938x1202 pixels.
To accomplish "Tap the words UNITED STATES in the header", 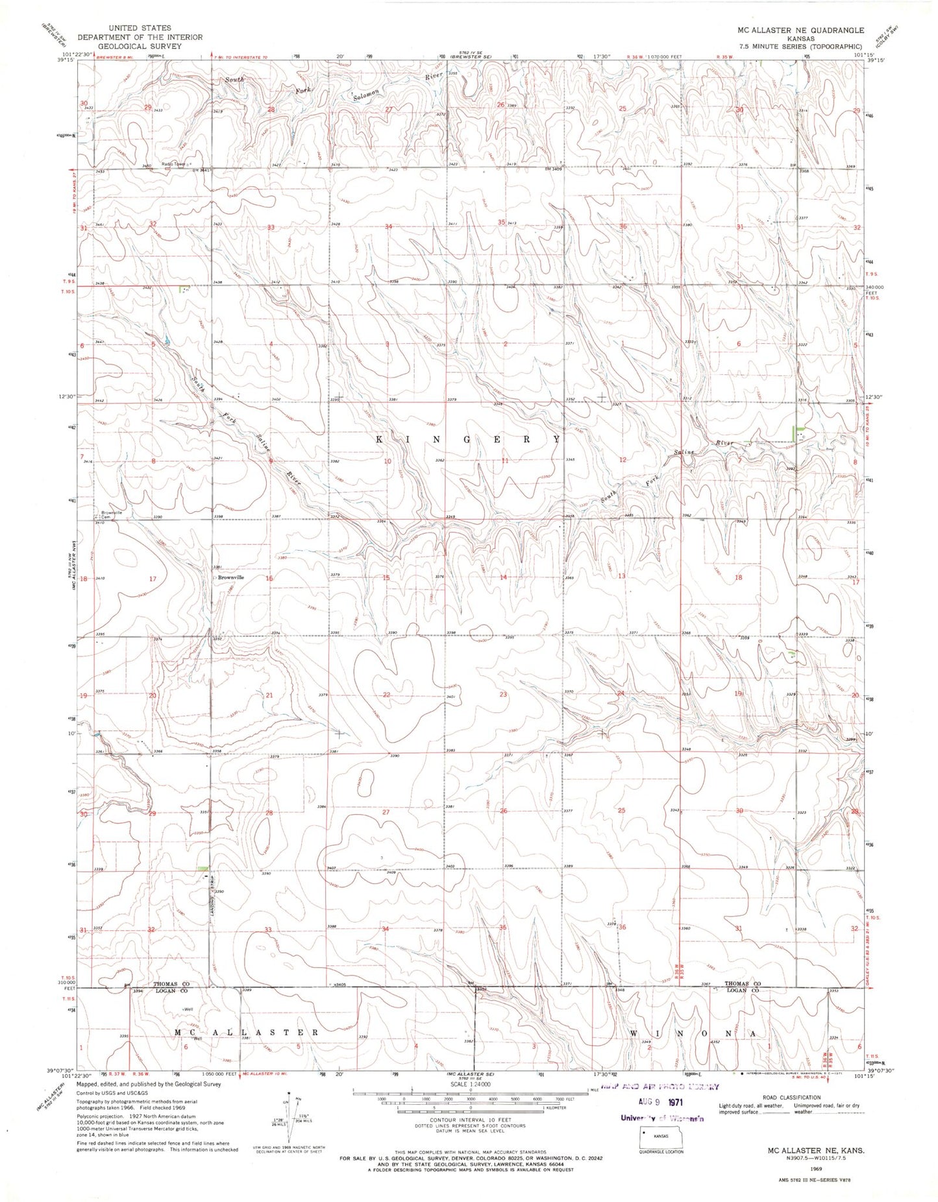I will tap(140, 28).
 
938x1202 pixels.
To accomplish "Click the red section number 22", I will tap(386, 695).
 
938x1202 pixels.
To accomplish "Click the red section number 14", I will tap(503, 577).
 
